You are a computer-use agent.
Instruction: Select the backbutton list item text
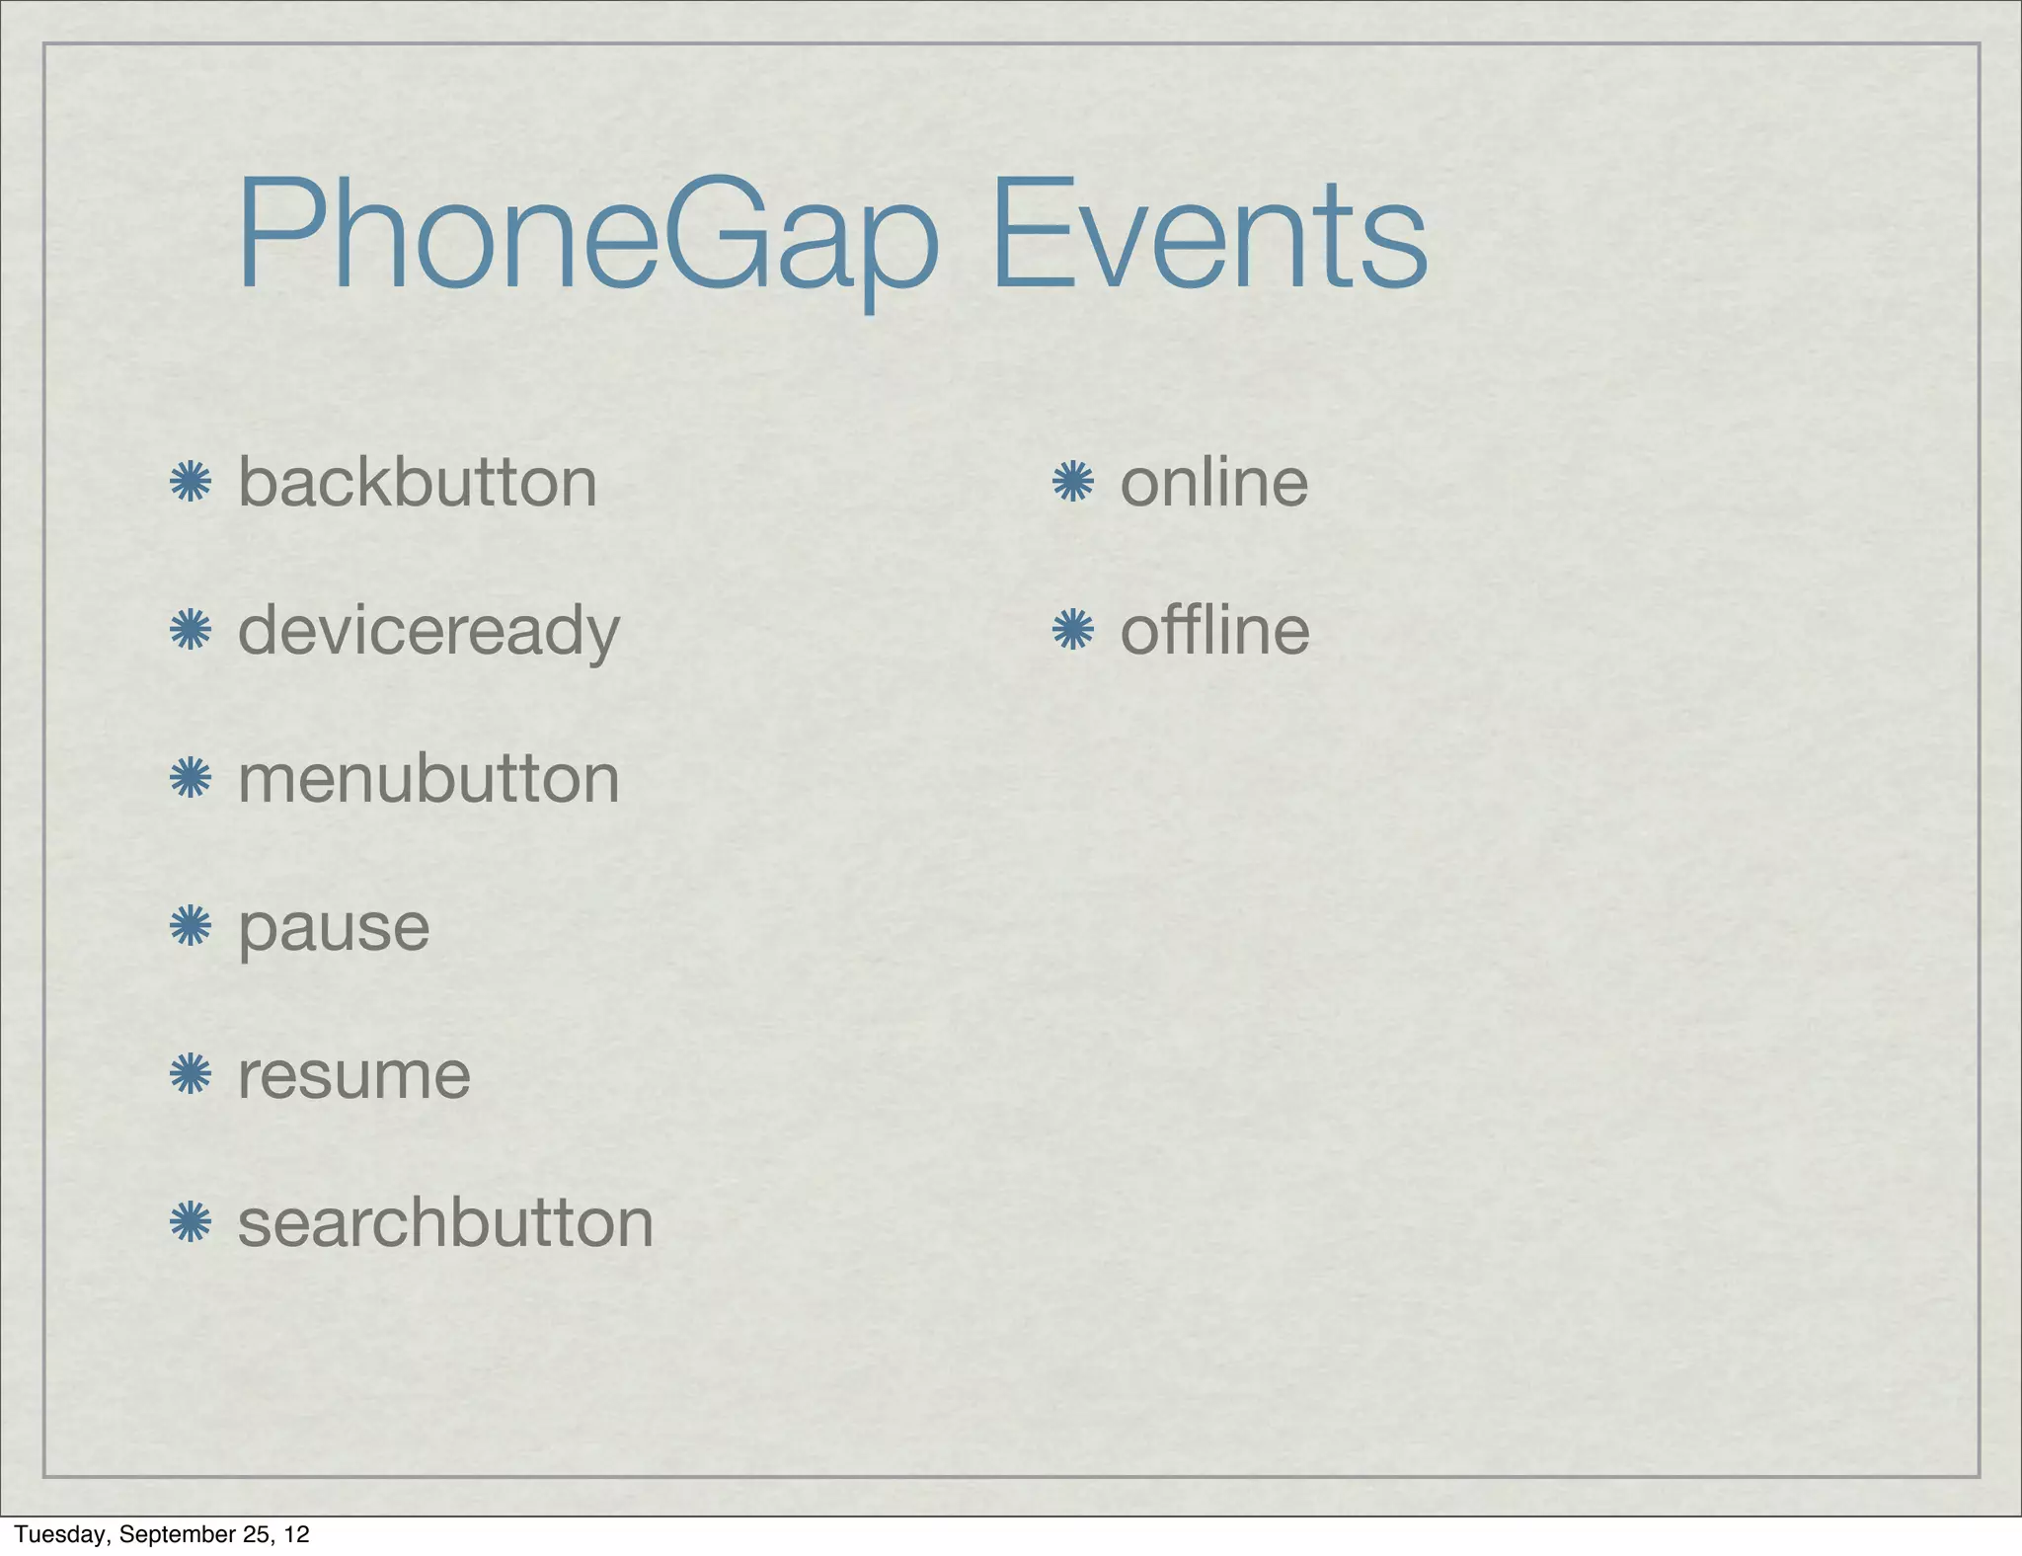tap(418, 483)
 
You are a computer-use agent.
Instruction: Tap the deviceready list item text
tap(428, 631)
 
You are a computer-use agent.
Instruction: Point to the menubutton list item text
tap(428, 779)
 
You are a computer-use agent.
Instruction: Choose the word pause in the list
tap(334, 928)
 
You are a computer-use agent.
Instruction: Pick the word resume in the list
tap(353, 1075)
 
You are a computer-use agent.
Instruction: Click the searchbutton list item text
tap(445, 1223)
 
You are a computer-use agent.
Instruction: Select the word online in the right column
tap(1213, 483)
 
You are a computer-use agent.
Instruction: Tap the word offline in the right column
tap(1214, 631)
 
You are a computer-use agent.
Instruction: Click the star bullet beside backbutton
tap(191, 483)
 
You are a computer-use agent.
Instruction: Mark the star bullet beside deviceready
tap(191, 631)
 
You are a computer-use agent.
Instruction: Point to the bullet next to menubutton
tap(191, 779)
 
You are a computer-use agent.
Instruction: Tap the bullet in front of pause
tap(191, 927)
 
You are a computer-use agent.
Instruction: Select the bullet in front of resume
tap(191, 1075)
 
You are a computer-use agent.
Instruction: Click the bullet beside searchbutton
tap(191, 1223)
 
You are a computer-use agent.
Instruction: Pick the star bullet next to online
tap(1073, 483)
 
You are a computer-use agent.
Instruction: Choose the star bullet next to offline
tap(1073, 631)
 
